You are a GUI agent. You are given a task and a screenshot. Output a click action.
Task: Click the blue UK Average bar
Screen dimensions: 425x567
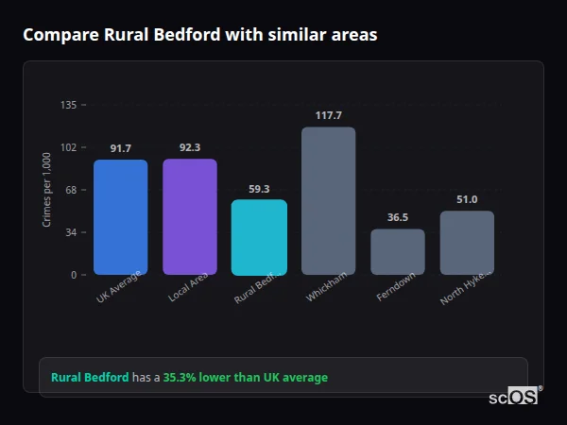point(120,217)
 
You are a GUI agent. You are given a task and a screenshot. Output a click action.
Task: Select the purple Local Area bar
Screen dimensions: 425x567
point(189,216)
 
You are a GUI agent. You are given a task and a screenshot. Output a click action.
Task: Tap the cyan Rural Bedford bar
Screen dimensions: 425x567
point(259,237)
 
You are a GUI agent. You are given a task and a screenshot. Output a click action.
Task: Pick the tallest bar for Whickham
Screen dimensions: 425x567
point(328,200)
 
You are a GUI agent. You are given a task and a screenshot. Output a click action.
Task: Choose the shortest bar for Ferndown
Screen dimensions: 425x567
point(397,251)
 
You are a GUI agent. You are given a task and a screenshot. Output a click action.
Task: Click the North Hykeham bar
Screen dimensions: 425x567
point(467,243)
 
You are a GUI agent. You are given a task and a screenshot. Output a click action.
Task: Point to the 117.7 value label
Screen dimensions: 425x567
point(328,115)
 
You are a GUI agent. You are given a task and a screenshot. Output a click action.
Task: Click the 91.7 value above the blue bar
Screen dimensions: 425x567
point(120,148)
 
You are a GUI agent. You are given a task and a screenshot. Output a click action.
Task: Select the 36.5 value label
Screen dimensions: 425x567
point(397,217)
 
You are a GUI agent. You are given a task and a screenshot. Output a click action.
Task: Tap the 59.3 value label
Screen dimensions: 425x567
point(259,188)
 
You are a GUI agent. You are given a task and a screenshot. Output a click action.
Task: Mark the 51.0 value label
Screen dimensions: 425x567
point(467,199)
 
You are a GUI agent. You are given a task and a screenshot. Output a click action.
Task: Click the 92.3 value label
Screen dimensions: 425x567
point(189,147)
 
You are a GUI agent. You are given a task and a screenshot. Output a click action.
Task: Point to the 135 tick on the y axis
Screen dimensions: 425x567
point(69,105)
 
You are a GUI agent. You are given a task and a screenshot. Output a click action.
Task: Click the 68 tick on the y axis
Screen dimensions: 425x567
point(72,190)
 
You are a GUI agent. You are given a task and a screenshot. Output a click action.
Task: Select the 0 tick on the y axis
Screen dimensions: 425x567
point(75,275)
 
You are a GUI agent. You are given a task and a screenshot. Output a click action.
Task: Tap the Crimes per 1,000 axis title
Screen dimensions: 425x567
point(47,190)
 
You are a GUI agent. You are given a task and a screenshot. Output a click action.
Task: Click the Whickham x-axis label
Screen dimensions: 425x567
point(324,287)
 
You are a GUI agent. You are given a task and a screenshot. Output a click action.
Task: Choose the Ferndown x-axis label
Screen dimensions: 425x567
point(392,288)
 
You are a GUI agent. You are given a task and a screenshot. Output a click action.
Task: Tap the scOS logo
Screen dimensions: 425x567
point(514,397)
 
